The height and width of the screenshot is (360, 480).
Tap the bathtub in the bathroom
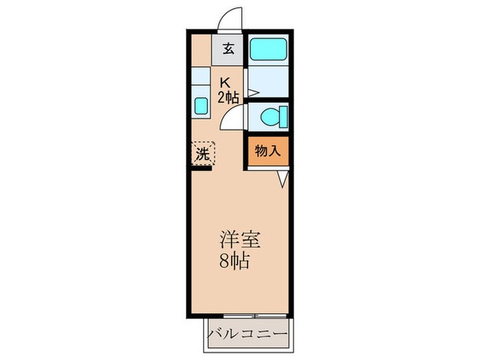269,50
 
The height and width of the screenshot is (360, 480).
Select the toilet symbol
274,117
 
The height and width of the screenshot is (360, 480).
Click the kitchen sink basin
201,106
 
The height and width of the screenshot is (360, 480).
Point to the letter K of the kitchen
224,82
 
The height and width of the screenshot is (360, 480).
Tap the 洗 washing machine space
203,154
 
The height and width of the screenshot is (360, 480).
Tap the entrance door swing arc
232,19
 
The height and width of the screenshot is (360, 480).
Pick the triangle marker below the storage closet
283,178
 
